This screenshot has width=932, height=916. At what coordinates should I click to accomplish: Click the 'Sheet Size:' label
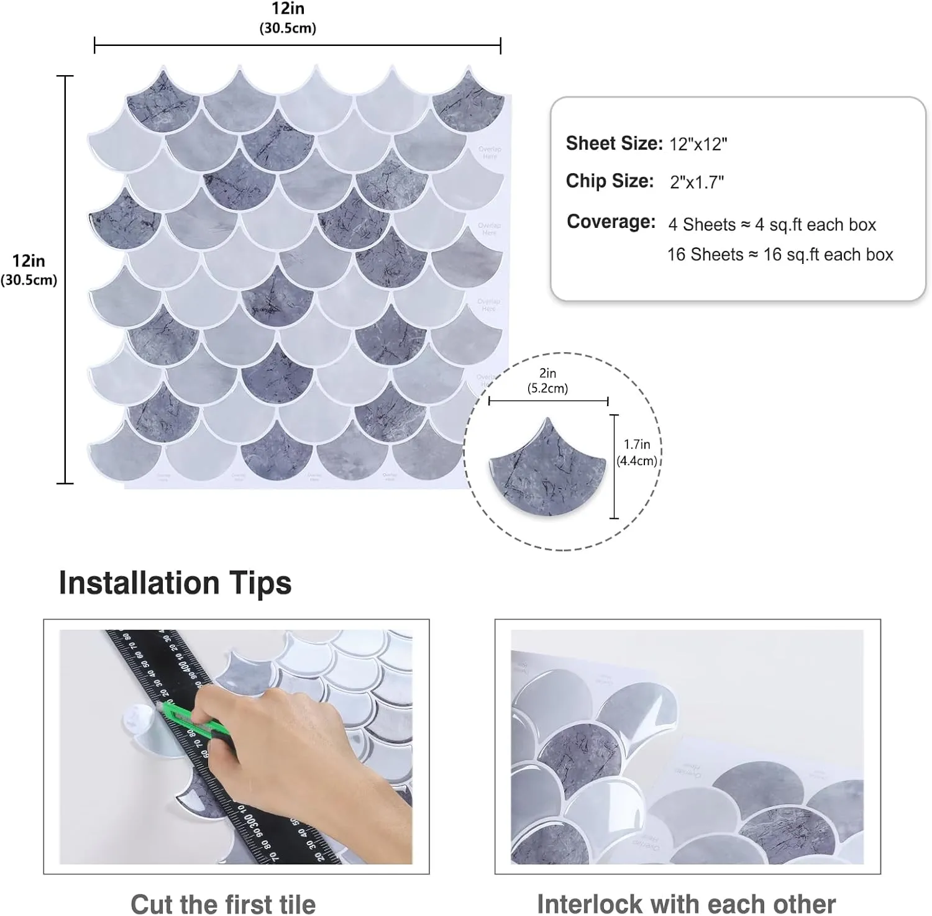pos(614,143)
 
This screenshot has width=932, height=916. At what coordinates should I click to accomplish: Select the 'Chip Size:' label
pos(610,181)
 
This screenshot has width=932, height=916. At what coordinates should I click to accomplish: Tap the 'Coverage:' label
pos(611,222)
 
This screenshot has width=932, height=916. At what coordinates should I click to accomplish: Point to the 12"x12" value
pos(698,144)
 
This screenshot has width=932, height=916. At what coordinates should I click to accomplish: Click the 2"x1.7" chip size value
pos(697,182)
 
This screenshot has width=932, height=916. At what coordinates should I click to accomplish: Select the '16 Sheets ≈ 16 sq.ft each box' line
pos(780,255)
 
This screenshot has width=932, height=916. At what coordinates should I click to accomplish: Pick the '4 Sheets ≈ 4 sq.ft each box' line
pos(772,224)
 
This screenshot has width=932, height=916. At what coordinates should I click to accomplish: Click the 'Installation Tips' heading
pos(175,583)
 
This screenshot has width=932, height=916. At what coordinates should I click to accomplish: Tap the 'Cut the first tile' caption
pos(223,903)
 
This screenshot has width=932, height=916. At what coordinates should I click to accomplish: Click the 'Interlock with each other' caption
pos(686,903)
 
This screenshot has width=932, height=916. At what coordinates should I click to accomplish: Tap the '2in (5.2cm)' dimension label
pos(547,381)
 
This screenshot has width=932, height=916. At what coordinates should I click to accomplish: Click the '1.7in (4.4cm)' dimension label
pos(637,452)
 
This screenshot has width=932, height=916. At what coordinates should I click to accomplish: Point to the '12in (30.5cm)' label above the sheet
pos(287,17)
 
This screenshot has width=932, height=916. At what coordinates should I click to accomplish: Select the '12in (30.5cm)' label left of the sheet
pos(29,270)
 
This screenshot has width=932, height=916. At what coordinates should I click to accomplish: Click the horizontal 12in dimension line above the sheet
pos(297,45)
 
